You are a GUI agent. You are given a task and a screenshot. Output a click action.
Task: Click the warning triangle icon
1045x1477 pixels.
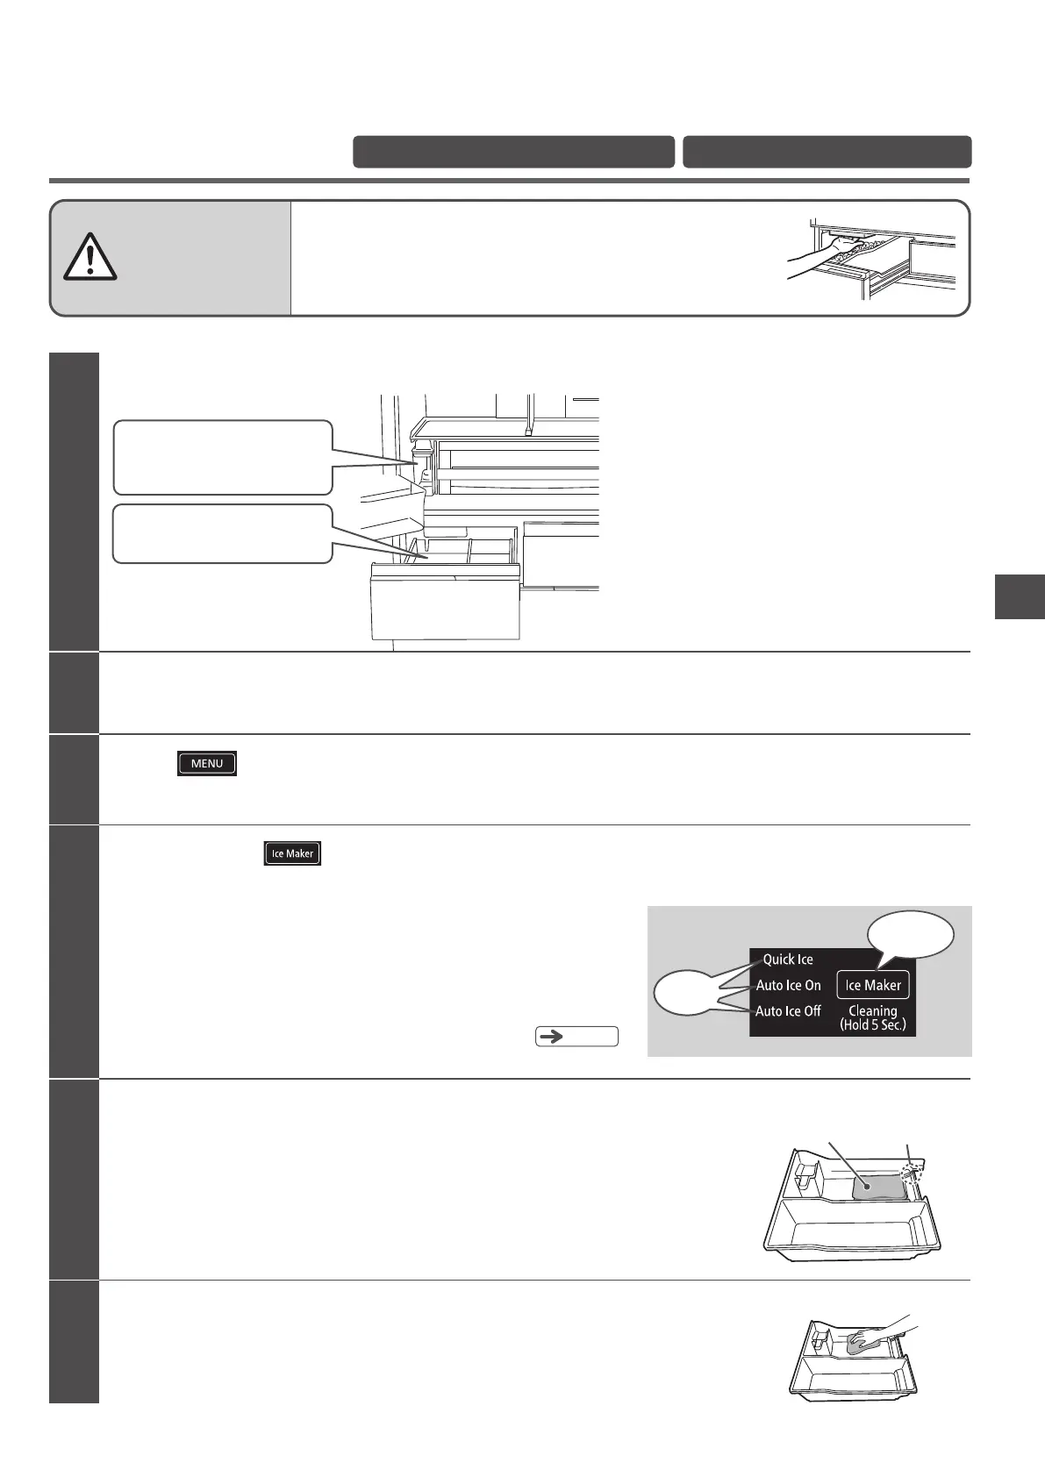(89, 257)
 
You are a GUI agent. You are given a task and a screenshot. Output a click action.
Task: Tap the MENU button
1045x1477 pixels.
(207, 763)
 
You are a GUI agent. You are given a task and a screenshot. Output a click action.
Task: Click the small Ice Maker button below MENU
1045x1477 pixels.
(293, 853)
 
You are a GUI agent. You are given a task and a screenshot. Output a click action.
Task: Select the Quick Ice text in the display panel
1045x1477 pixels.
(788, 960)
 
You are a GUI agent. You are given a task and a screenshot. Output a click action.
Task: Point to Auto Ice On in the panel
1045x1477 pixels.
(788, 985)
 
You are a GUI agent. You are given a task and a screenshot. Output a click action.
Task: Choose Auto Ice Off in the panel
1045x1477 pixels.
(788, 1011)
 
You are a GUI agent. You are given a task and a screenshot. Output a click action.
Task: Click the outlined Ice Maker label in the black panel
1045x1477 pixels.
(873, 985)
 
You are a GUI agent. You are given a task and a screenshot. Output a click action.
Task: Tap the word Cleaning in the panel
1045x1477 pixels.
(872, 1010)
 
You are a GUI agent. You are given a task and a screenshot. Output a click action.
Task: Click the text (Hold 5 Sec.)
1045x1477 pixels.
(872, 1024)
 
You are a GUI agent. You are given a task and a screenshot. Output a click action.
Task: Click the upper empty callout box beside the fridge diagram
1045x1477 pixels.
(223, 457)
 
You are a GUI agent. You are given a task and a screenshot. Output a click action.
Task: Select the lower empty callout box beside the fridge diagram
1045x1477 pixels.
(223, 533)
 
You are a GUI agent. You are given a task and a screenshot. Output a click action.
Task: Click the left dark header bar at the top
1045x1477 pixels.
(513, 152)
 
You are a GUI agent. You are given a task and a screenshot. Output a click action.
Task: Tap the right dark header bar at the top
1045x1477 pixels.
(827, 152)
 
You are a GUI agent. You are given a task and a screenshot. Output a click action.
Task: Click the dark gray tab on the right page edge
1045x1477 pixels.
(1020, 596)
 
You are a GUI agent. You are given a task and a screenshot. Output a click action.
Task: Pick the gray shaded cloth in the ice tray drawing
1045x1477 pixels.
(878, 1187)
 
